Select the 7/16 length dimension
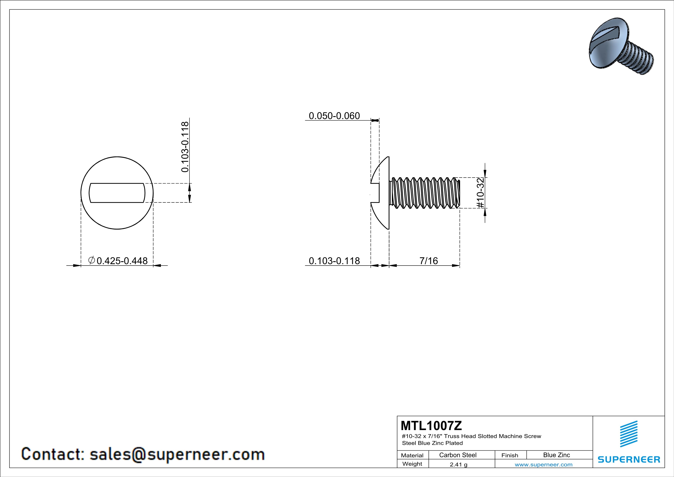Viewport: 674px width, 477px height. click(428, 261)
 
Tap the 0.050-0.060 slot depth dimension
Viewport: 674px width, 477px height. click(334, 116)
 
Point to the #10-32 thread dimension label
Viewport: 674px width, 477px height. click(480, 193)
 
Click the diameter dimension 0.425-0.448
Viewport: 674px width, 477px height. click(122, 261)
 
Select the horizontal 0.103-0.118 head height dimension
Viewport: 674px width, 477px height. click(334, 261)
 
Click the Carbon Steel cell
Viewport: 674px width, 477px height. click(457, 455)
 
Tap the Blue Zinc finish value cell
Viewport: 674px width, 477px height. click(556, 455)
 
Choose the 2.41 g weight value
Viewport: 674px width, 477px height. click(458, 464)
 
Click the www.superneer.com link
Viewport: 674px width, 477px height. click(543, 464)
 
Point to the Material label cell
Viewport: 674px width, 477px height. click(412, 455)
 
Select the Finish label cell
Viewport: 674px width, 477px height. click(510, 455)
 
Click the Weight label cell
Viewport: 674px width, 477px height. click(412, 464)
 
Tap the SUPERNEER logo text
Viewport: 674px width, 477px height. click(629, 459)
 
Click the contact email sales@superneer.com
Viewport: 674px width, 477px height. click(177, 454)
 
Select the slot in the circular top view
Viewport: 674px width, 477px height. click(117, 193)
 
